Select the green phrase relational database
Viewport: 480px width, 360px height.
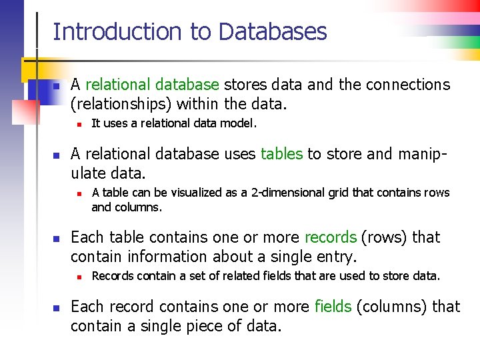[152, 85]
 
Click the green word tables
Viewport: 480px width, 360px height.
[281, 154]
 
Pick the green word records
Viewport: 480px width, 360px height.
[331, 237]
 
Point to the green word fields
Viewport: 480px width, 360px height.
[333, 307]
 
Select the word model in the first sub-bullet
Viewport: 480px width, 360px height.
[241, 123]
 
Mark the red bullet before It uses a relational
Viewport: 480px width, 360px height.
[78, 124]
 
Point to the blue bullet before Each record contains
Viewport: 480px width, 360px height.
[57, 308]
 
